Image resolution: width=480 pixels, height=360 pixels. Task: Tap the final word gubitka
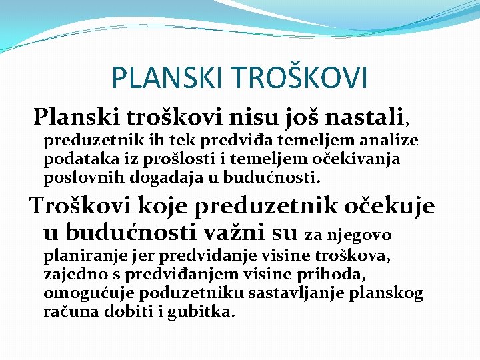pos(209,312)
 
